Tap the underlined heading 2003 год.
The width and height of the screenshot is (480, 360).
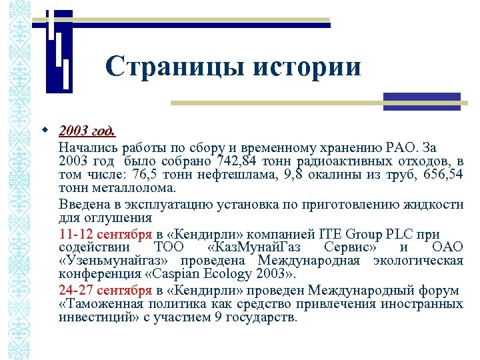pyautogui.click(x=87, y=131)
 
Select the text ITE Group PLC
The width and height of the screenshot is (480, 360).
pyautogui.click(x=359, y=234)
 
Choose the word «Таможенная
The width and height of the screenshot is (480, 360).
pyautogui.click(x=93, y=304)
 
